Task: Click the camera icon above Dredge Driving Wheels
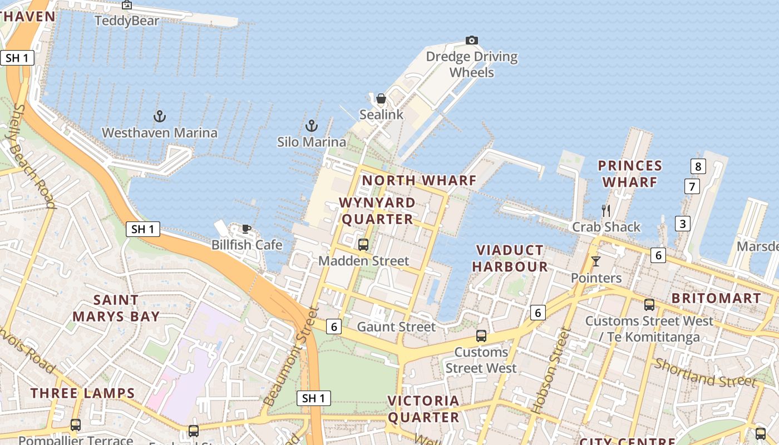[472, 40]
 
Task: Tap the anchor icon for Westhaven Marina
[160, 116]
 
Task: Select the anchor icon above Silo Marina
[312, 126]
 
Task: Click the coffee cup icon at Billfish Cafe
[246, 228]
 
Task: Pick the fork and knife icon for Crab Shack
[606, 210]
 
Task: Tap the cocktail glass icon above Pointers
[596, 261]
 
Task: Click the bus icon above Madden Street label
[363, 244]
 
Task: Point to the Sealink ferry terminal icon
[381, 99]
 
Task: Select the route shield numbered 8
[698, 166]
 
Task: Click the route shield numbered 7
[692, 186]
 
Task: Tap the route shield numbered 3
[683, 224]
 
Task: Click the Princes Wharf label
[630, 174]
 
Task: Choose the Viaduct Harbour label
[510, 258]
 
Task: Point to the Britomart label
[716, 298]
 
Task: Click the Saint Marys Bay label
[116, 308]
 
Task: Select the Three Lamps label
[83, 393]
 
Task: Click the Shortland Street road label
[705, 373]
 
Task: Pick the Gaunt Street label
[396, 327]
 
